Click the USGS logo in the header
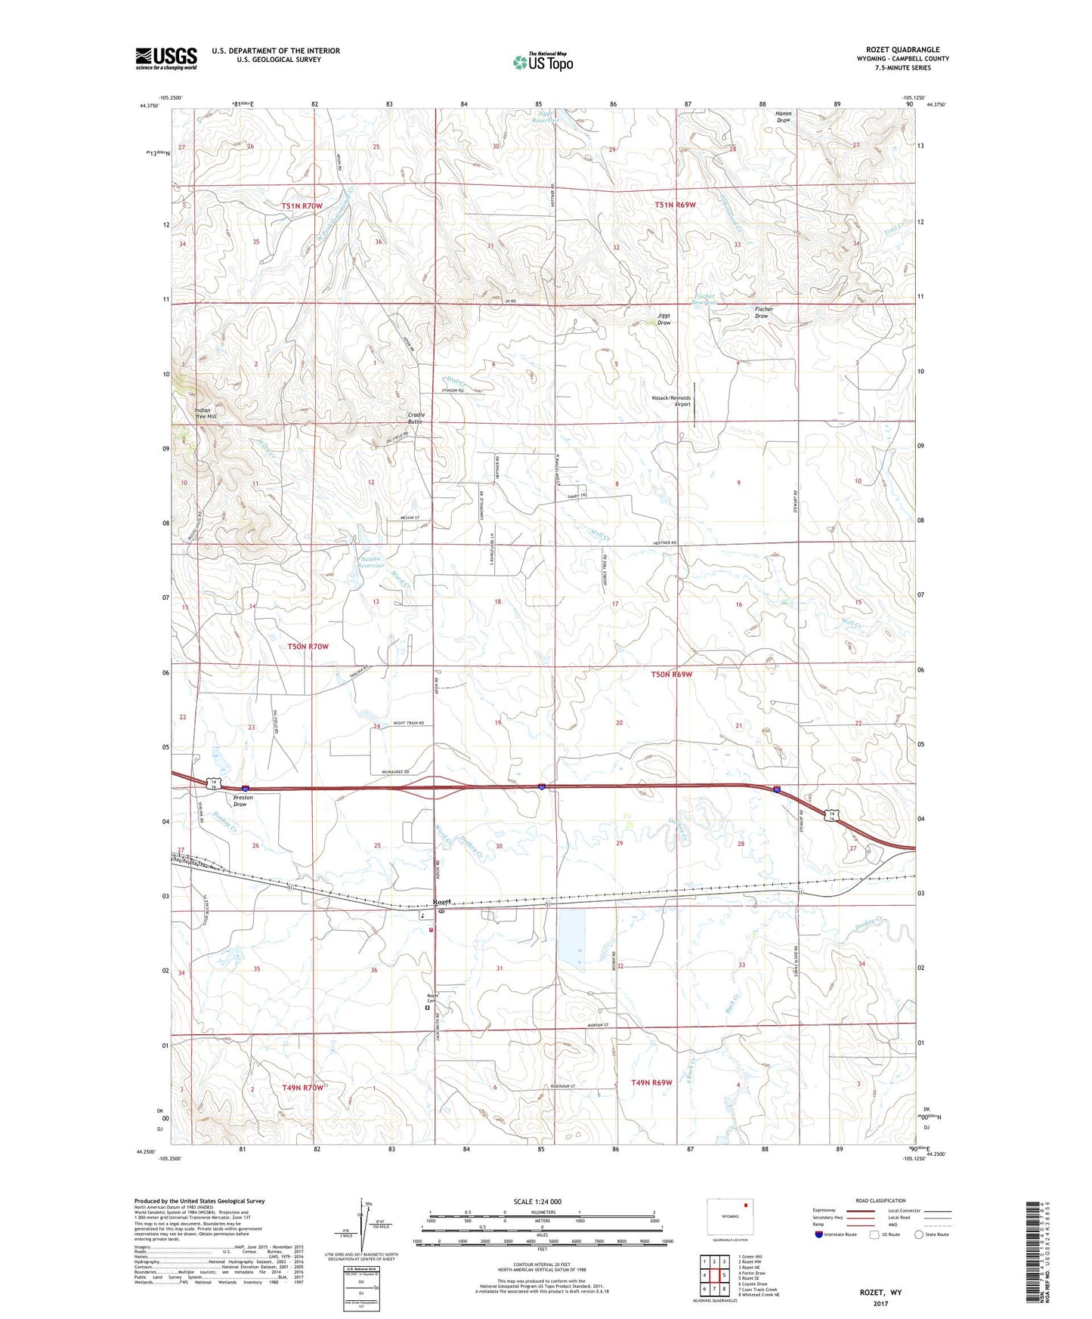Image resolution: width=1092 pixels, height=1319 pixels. tap(166, 58)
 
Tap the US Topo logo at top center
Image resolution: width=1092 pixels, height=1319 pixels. tap(543, 62)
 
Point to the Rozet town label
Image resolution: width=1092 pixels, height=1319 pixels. tap(443, 901)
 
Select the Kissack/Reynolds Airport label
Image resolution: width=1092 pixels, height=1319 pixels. tap(671, 401)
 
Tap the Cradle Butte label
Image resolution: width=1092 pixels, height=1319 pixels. tap(416, 418)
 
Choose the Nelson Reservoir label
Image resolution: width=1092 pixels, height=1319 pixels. tap(370, 562)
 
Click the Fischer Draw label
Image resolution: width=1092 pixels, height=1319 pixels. tap(763, 312)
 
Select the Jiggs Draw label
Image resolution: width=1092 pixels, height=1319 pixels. tap(664, 319)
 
